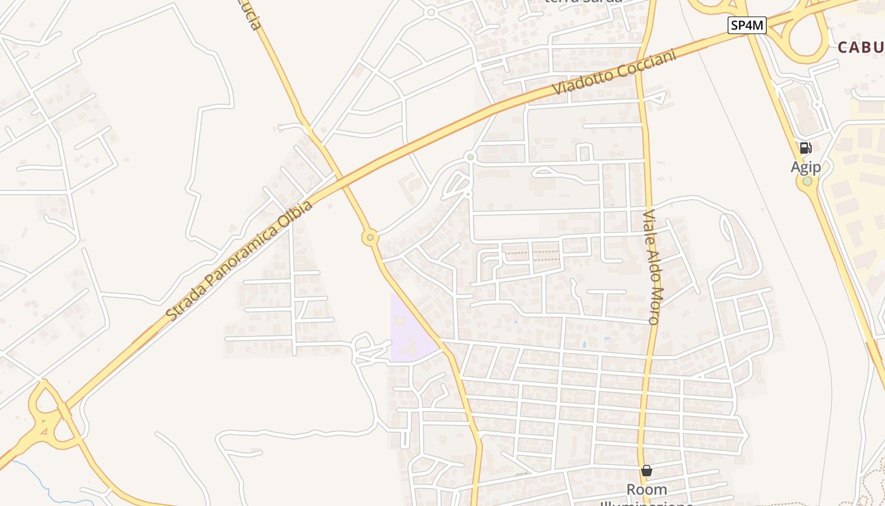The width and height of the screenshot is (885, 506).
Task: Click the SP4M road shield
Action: tap(747, 25)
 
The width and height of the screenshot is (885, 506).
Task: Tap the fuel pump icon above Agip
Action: tap(805, 148)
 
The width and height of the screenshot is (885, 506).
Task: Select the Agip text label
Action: tap(805, 167)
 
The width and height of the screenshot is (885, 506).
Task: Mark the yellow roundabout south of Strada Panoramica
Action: tap(370, 238)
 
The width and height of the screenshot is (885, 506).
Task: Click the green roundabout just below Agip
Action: tap(807, 182)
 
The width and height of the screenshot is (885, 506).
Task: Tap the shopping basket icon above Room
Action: tap(646, 471)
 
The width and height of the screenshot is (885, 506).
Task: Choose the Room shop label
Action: tap(646, 490)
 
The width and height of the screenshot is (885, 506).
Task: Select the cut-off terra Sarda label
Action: tap(583, 2)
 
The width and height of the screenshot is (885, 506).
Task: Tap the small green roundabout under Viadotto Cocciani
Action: tap(470, 156)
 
